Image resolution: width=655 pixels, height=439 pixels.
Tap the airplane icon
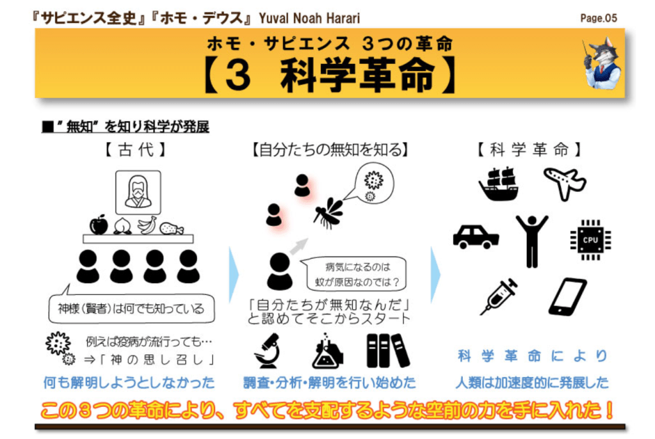pyautogui.click(x=565, y=183)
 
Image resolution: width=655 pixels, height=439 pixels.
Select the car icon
pyautogui.click(x=476, y=237)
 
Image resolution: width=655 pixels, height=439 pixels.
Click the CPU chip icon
pyautogui.click(x=590, y=240)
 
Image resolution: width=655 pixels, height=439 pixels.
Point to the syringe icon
pyautogui.click(x=499, y=296)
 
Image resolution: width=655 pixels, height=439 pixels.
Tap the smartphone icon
pyautogui.click(x=567, y=296)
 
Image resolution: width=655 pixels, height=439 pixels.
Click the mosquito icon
pyautogui.click(x=328, y=213)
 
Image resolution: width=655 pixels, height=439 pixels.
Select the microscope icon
pyautogui.click(x=266, y=351)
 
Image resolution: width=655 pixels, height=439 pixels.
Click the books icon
pyautogui.click(x=387, y=351)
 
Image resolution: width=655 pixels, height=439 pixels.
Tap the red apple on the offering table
pyautogui.click(x=99, y=225)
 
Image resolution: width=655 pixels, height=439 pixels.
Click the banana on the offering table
pyautogui.click(x=147, y=225)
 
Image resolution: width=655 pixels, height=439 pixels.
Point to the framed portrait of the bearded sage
pyautogui.click(x=138, y=193)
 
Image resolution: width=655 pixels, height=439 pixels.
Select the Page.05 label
pyautogui.click(x=599, y=18)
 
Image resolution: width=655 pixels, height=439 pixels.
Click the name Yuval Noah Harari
pyautogui.click(x=309, y=19)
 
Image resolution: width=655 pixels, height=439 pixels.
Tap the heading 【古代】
pyautogui.click(x=135, y=150)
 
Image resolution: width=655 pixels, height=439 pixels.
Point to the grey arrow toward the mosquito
pyautogui.click(x=298, y=246)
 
